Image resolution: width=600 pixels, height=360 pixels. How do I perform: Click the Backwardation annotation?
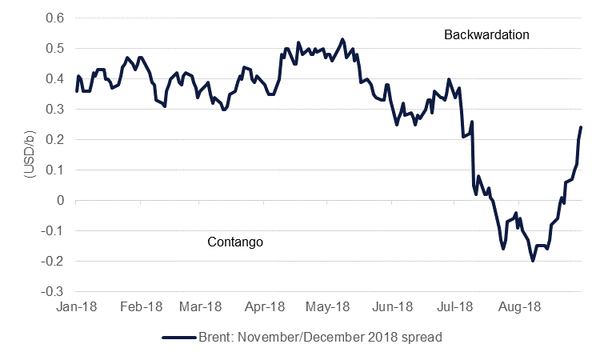pos(487,35)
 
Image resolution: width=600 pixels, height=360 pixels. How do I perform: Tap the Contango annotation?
pos(235,241)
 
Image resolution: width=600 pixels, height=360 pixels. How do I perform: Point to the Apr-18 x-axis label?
pos(264,306)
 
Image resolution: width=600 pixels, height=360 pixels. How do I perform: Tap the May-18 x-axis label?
pos(327,306)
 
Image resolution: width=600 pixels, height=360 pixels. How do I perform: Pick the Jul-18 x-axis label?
pos(454,306)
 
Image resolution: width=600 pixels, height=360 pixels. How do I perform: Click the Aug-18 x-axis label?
pos(517,306)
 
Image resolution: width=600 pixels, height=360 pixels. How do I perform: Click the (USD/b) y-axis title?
pos(28,154)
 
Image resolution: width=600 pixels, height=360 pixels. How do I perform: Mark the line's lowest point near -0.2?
pos(533,261)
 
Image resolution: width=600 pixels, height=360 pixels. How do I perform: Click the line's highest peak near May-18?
pos(342,38)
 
